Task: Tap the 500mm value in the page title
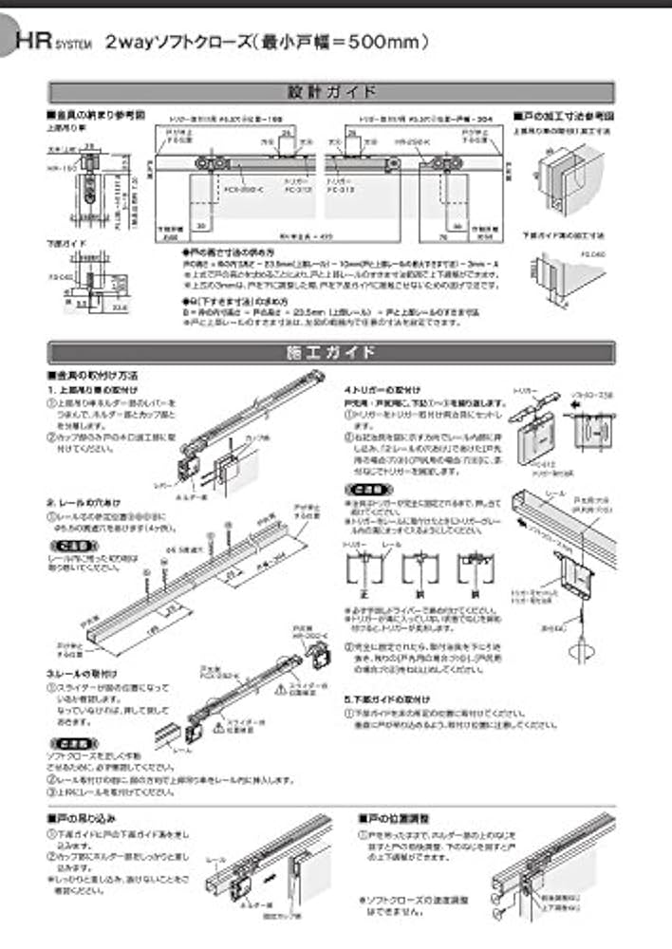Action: (x=385, y=42)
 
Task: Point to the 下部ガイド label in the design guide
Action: (x=64, y=243)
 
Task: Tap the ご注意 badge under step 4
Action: (x=364, y=490)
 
